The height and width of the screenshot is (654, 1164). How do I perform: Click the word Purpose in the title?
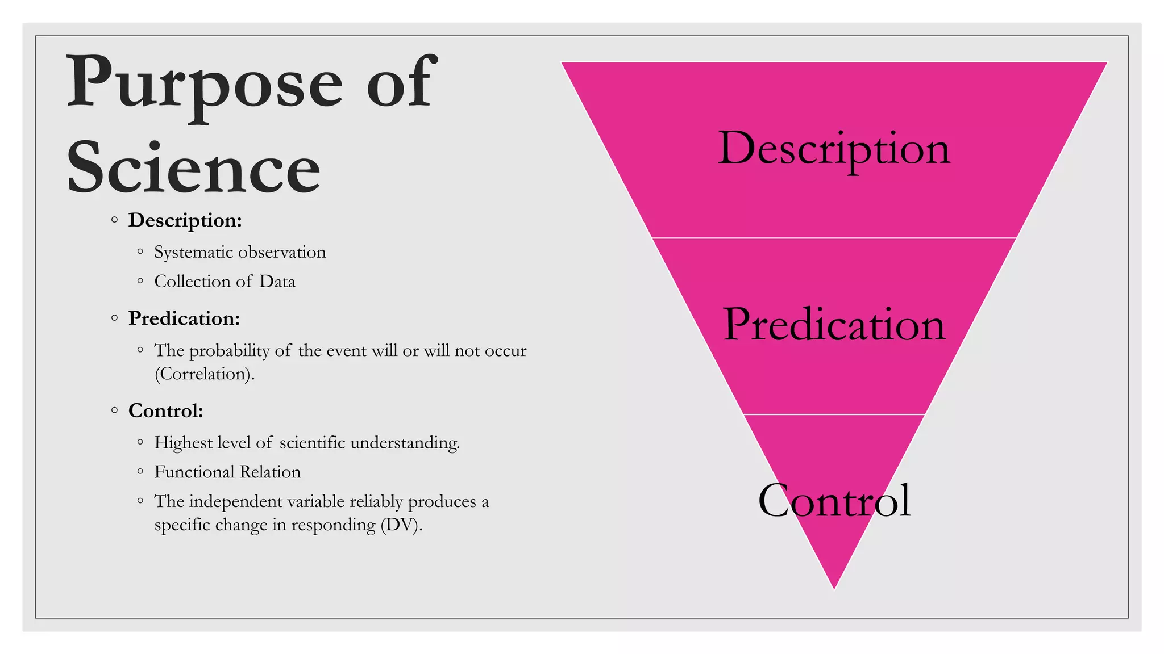point(205,85)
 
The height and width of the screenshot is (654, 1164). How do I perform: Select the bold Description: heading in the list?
point(185,220)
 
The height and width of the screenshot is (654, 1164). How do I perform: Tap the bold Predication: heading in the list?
point(184,318)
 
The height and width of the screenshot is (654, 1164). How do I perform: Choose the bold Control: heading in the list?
point(165,410)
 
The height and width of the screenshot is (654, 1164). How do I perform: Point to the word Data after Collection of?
point(277,282)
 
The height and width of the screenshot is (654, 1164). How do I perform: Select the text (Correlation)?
point(205,374)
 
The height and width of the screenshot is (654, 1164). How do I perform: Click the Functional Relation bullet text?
point(227,472)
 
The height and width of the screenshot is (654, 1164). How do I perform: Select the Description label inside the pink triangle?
point(834,149)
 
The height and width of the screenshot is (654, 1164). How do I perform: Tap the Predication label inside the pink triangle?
point(834,325)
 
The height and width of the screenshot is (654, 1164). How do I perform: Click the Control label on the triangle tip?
point(834,501)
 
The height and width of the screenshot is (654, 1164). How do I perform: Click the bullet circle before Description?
point(115,220)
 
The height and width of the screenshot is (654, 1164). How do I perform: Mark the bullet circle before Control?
point(115,410)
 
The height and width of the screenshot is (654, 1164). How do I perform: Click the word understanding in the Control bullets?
point(405,443)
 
